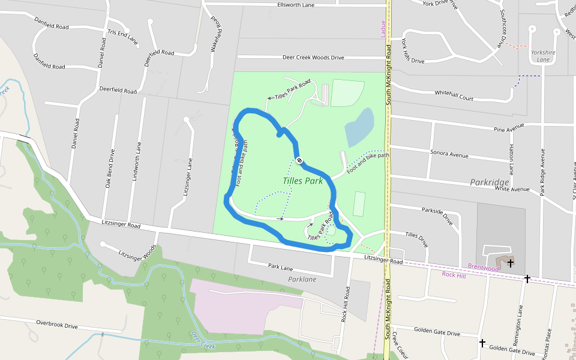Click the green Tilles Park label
[x=302, y=180]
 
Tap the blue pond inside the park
[x=359, y=127]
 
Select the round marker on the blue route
[x=299, y=160]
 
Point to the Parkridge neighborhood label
[x=489, y=182]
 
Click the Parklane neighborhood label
[x=302, y=279]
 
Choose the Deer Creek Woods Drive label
[x=313, y=58]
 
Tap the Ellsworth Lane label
[x=296, y=5]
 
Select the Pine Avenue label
[x=509, y=127]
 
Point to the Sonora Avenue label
[x=449, y=154]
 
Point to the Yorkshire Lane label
[x=543, y=56]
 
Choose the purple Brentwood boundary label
[x=483, y=268]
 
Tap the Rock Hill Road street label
[x=346, y=304]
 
